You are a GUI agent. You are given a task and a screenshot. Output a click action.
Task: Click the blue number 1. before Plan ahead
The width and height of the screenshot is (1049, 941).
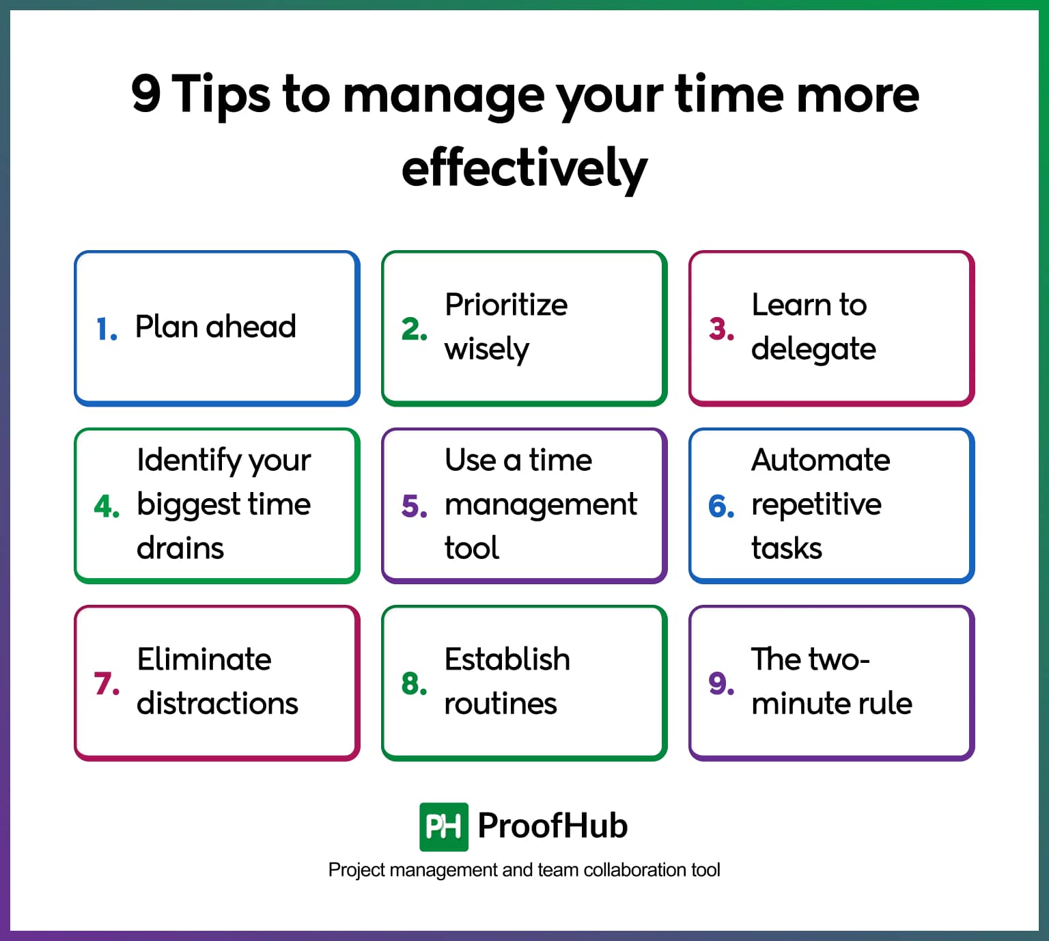(106, 329)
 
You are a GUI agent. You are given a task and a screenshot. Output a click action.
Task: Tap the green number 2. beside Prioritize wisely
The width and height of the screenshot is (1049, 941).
(414, 329)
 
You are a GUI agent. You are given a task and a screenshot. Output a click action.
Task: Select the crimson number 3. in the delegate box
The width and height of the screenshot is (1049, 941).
(721, 329)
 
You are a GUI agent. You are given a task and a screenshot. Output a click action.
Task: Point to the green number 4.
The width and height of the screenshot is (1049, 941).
(107, 506)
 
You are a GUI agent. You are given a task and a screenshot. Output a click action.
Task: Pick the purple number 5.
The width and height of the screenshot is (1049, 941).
(414, 506)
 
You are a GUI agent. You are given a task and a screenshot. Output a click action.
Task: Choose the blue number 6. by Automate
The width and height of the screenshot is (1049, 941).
(721, 506)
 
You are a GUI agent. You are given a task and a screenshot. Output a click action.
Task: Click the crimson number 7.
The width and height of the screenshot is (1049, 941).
(107, 683)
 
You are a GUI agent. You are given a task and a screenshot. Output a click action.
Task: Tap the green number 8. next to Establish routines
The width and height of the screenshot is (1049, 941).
(414, 683)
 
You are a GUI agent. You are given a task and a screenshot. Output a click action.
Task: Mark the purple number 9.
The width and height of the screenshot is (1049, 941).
(721, 683)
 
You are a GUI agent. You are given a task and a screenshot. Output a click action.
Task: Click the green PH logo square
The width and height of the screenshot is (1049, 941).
(443, 827)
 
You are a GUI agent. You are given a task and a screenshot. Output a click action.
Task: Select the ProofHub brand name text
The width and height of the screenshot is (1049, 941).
(553, 826)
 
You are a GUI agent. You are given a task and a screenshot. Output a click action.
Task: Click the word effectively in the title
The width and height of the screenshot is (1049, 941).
(524, 168)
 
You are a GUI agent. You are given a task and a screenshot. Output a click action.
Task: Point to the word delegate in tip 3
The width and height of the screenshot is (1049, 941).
(813, 349)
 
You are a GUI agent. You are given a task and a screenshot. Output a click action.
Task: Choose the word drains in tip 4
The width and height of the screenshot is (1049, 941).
(180, 548)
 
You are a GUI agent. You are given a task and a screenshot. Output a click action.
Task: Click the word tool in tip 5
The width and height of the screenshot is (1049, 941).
(471, 548)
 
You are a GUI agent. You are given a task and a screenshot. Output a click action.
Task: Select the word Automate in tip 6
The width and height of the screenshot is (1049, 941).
(820, 460)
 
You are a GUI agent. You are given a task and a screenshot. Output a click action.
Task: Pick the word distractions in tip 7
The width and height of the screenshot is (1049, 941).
(217, 703)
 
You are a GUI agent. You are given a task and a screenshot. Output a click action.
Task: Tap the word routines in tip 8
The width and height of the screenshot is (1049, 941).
(500, 703)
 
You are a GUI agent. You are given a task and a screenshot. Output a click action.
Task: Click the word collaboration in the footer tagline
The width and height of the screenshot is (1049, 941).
(635, 870)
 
